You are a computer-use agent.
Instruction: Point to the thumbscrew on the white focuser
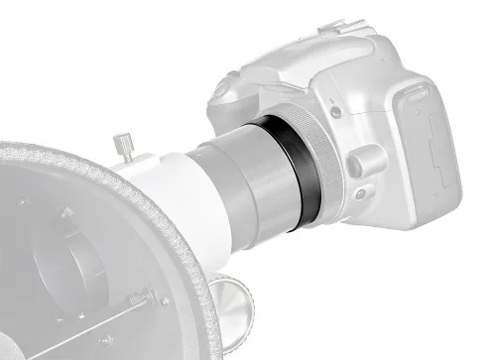pos(126,145)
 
